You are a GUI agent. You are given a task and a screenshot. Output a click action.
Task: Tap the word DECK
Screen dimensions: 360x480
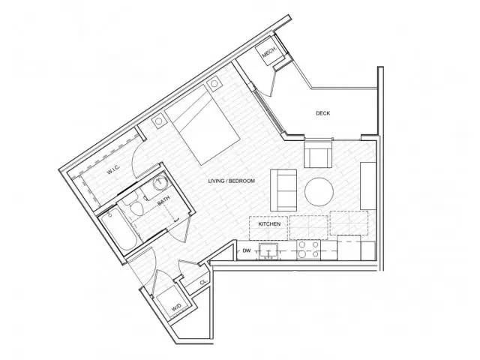click(322, 113)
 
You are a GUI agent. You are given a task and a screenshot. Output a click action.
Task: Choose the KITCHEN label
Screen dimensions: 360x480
click(269, 224)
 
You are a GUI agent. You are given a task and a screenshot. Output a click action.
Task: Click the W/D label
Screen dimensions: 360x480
click(176, 307)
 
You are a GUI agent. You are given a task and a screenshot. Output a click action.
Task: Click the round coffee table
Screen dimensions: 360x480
click(318, 190)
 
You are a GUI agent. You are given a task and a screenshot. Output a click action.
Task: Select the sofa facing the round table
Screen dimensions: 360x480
click(283, 189)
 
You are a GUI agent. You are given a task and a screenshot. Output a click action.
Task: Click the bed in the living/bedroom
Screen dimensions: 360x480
click(203, 129)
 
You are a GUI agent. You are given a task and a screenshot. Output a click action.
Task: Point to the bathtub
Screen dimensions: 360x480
click(118, 229)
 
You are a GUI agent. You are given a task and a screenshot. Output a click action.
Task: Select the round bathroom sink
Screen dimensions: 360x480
click(160, 185)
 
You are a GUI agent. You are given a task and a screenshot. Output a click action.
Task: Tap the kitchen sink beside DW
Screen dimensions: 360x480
click(268, 250)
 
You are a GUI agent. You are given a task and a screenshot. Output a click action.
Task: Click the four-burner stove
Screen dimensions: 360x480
click(307, 249)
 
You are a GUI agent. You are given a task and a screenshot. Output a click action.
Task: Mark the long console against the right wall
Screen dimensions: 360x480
click(367, 185)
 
